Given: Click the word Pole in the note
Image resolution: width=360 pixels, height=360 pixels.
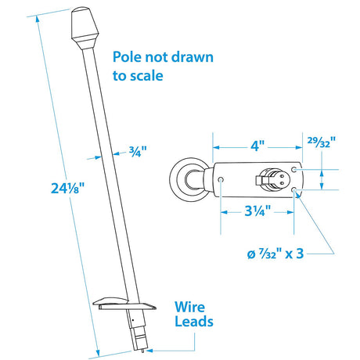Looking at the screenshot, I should point(128,57).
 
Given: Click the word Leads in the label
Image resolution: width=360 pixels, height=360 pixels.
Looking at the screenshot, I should point(193,322).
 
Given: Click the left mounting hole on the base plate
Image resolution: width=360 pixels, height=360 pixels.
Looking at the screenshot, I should point(222,179).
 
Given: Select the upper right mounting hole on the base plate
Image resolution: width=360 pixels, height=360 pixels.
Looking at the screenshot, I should point(294,168).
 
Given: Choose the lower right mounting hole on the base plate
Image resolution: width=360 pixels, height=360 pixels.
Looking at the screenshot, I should point(294,190).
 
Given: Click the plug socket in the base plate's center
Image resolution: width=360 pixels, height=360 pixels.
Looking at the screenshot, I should point(271,179).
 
